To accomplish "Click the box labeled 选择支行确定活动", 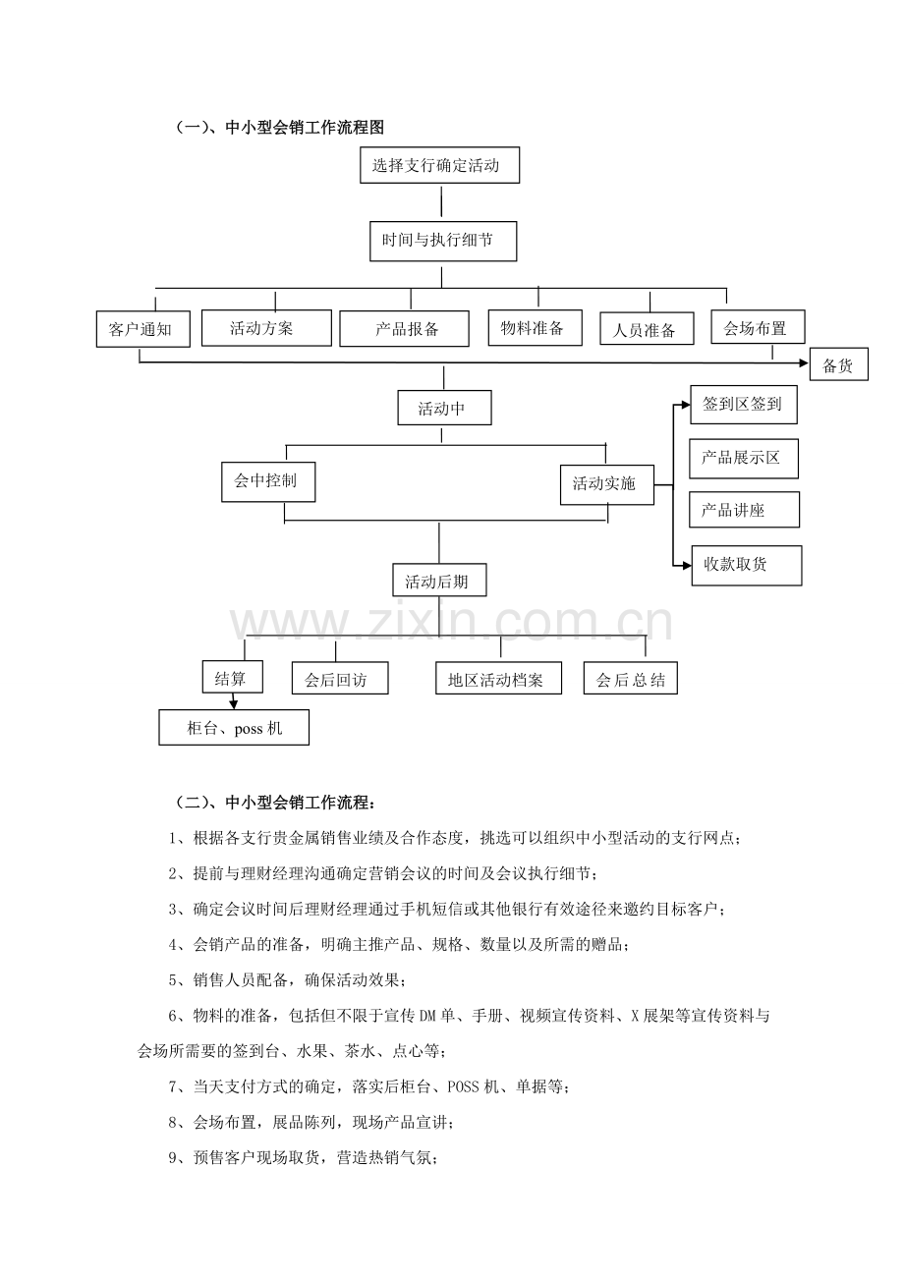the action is pos(439,165).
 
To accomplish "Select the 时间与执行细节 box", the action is pos(443,241).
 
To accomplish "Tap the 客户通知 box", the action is pos(142,329).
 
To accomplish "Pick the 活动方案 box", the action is pos(266,328).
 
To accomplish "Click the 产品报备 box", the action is pos(404,328).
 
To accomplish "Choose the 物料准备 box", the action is pos(536,328).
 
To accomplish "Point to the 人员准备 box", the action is pos(647,328).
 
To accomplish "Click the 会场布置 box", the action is pos(758,326).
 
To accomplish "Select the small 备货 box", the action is pos(839,363).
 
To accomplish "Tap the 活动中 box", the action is pos(444,408).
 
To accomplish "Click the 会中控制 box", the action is pos(268,482).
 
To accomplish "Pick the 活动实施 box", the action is pos(607,484).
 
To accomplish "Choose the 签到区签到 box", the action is pos(744,405).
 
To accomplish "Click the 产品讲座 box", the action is pos(744,509).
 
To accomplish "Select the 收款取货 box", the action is pos(747,565).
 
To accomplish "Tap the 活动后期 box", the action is pos(439,581).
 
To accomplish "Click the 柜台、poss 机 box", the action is pos(234,728).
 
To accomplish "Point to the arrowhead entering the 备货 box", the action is pos(804,363).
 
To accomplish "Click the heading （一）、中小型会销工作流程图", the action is pos(280,127).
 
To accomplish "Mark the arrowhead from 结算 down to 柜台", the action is pos(233,704).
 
